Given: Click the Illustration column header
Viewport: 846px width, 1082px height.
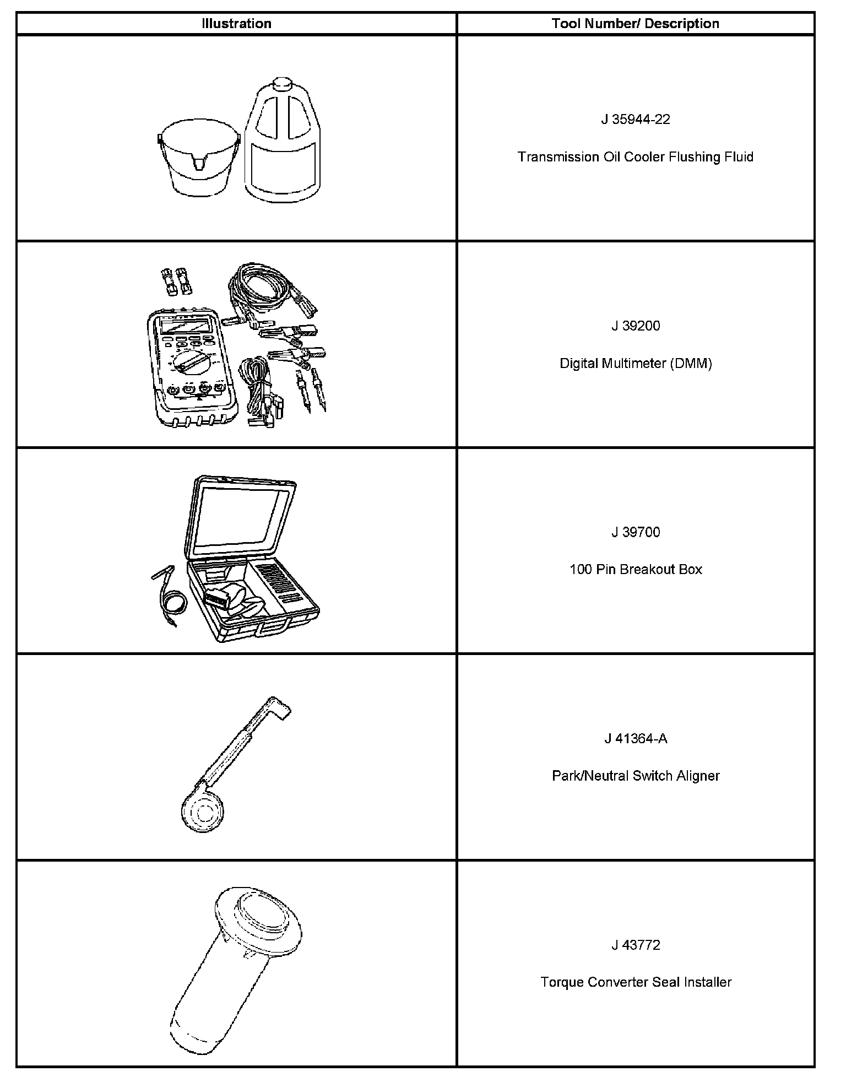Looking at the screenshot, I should click(236, 24).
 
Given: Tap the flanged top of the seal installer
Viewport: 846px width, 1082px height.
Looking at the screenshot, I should click(259, 917).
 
